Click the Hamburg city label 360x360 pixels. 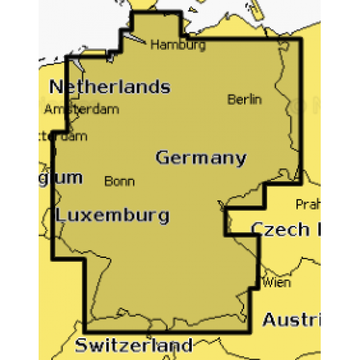click(178, 45)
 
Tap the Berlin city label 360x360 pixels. click(244, 99)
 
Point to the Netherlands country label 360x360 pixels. click(110, 86)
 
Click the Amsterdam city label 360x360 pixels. click(81, 109)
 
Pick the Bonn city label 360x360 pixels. click(120, 181)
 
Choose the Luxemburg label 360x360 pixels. click(112, 215)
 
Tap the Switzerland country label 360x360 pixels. click(134, 345)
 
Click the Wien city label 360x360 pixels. click(276, 283)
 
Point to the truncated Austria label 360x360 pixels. click(291, 320)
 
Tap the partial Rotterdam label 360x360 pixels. click(63, 137)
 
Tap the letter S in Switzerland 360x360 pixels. click(81, 345)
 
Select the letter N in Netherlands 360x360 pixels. click(56, 86)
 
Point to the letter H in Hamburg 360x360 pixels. click(155, 45)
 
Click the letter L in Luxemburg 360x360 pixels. click(60, 215)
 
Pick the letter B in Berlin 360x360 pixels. click(231, 99)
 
